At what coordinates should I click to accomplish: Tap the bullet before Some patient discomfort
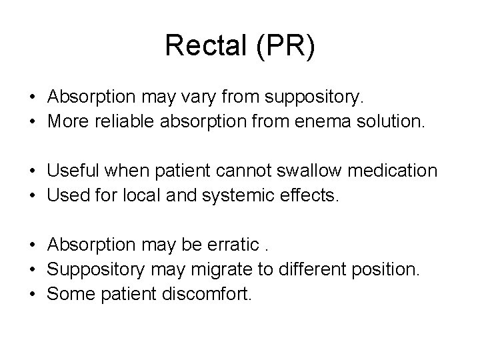tap(32, 295)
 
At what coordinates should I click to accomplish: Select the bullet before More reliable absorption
tap(32, 122)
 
